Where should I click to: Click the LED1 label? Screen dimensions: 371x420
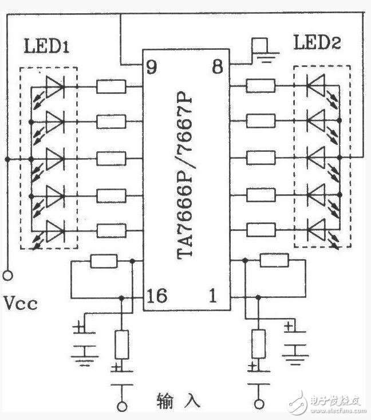[x=46, y=46]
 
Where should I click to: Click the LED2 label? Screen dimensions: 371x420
[x=317, y=42]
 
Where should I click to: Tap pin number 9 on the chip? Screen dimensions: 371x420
[x=152, y=66]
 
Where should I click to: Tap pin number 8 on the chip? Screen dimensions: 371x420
[x=218, y=66]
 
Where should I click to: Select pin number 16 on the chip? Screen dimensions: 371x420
[x=157, y=296]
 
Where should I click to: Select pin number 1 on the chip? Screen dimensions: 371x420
[x=213, y=295]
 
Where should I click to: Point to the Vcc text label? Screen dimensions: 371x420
[x=21, y=304]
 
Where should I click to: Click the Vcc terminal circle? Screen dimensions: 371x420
[x=8, y=276]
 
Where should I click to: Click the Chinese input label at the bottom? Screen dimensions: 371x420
[x=178, y=401]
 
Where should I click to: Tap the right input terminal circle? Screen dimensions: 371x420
[x=259, y=404]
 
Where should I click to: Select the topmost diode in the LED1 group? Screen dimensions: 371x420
[x=56, y=87]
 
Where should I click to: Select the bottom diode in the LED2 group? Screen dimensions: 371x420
[x=316, y=230]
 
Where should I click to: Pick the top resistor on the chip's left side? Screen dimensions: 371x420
[x=111, y=87]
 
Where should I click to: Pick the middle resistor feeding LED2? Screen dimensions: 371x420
[x=261, y=158]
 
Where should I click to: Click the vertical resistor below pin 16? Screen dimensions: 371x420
[x=122, y=344]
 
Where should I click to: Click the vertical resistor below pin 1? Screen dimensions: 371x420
[x=259, y=344]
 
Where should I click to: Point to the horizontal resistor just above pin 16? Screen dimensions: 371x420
[x=104, y=261]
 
